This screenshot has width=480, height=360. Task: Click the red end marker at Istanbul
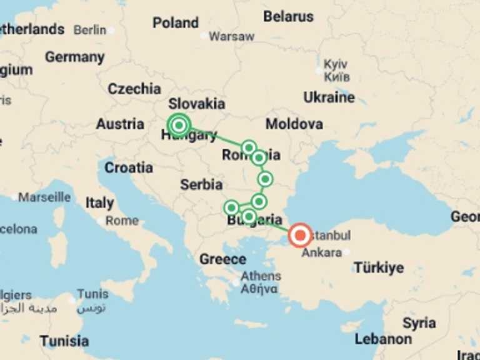[x=301, y=236]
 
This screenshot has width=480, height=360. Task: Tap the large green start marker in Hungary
[x=179, y=124]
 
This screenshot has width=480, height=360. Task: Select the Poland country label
[x=176, y=23]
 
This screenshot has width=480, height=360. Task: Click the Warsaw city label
[x=231, y=36]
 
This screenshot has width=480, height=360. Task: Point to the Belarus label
[x=288, y=17]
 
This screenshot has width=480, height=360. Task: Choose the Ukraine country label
[x=329, y=97]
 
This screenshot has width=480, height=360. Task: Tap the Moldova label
[x=294, y=124]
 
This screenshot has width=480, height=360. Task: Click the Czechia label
[x=134, y=89]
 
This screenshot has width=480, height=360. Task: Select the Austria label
[x=120, y=124]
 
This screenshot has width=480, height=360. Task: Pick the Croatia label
[x=129, y=167]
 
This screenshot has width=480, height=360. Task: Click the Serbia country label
[x=201, y=184]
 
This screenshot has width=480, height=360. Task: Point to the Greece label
[x=222, y=259]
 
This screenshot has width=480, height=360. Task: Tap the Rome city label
[x=122, y=220]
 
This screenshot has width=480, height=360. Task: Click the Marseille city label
[x=44, y=197]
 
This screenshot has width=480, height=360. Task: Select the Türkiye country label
[x=379, y=267]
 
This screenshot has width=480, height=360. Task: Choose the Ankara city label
[x=321, y=253]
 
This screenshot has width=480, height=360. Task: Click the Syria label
[x=419, y=323]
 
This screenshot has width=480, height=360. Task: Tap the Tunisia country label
[x=64, y=341]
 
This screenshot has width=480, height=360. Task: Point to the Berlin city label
[x=90, y=29]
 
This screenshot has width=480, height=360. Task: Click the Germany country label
[x=74, y=57]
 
